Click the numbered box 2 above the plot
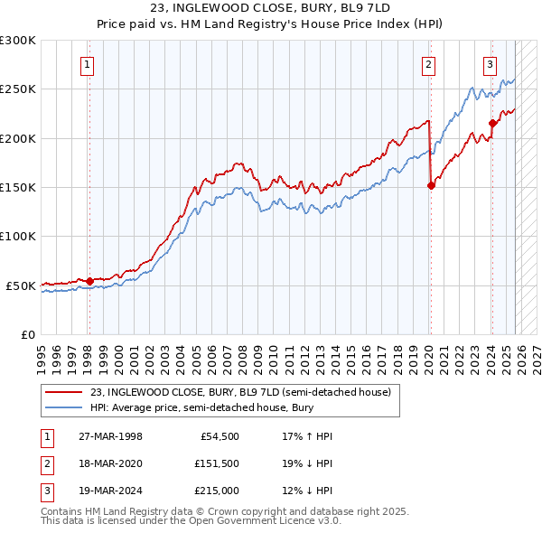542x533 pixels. coord(428,64)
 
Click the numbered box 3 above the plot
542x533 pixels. coord(490,64)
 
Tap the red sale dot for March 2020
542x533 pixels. coord(431,186)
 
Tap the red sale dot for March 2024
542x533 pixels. coord(492,124)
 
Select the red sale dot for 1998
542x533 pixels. coord(89,281)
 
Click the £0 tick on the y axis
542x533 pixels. coord(27,334)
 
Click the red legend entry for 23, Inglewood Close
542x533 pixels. coord(240,392)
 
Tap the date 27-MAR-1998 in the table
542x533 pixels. coord(110,436)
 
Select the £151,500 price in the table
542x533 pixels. coord(216,463)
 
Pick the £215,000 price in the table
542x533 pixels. coord(216,491)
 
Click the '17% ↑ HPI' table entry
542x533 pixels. coord(307,436)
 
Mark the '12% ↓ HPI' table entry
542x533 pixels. coord(307,491)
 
